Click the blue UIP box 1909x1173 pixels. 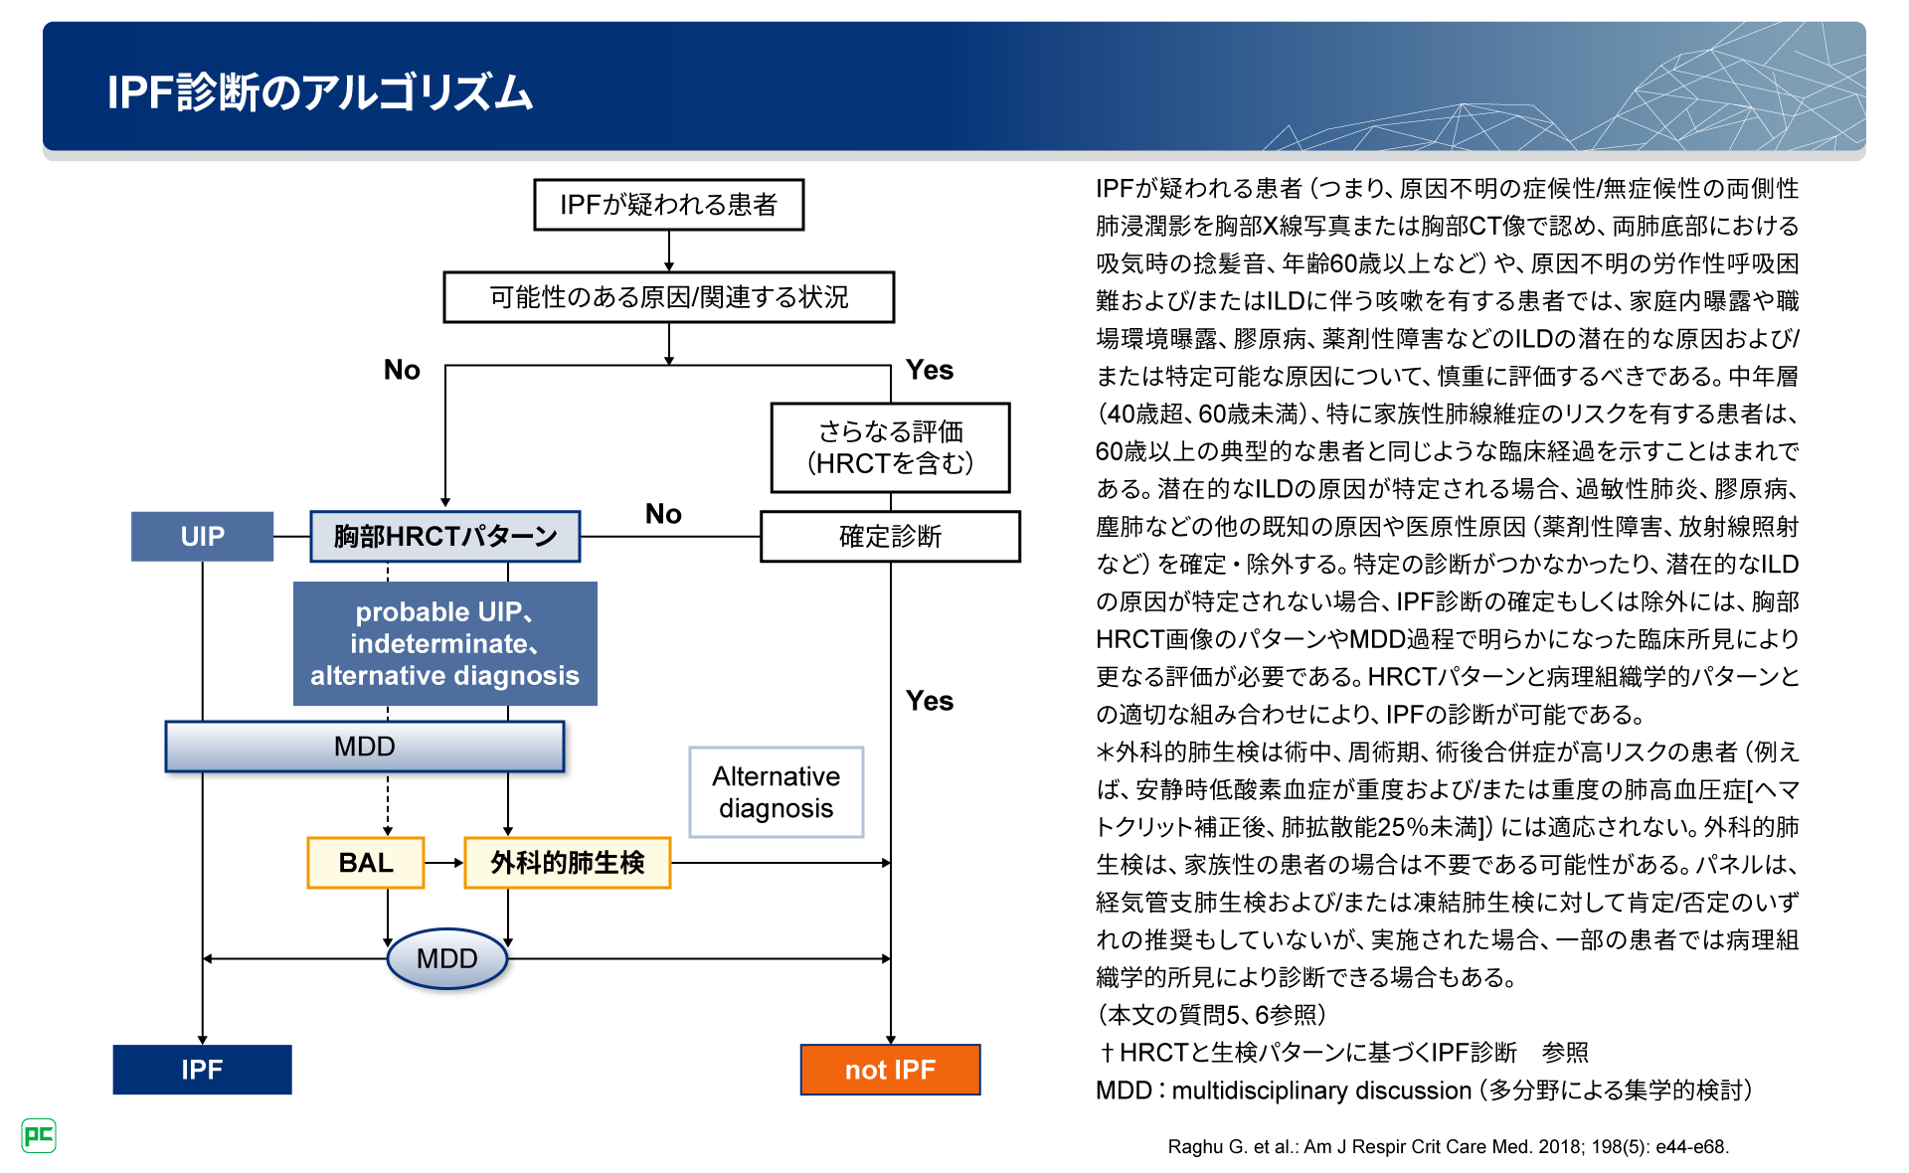pos(202,537)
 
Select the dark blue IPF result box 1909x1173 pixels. pos(202,1070)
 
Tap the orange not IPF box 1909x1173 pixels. pos(890,1070)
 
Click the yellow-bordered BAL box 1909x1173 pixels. pos(366,863)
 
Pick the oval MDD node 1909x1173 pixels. pos(447,958)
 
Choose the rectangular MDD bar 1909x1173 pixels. pos(364,747)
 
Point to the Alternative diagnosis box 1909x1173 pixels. pos(777,792)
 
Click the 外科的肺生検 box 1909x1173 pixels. pos(568,863)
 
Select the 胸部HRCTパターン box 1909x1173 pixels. pos(445,537)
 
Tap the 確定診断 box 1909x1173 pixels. pos(890,537)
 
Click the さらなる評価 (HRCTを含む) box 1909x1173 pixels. pos(890,447)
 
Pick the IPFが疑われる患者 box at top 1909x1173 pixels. pos(668,205)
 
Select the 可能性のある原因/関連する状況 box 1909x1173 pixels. pos(668,297)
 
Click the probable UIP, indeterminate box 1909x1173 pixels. pos(444,644)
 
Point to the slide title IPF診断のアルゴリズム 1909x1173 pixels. pos(320,92)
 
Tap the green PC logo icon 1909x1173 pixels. pos(39,1135)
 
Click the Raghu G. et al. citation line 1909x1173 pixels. pos(1448,1146)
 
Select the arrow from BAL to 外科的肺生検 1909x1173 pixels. pos(444,863)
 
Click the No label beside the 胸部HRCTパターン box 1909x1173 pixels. pos(663,514)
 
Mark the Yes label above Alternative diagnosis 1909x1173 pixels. pos(930,701)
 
